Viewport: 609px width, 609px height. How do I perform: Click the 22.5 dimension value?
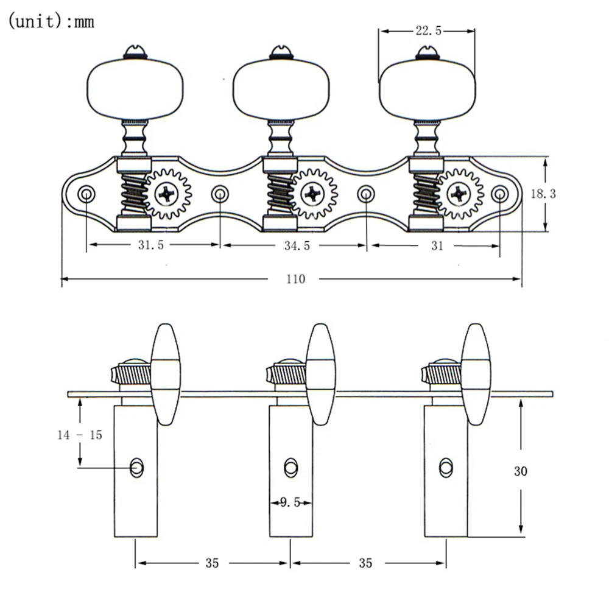coord(428,30)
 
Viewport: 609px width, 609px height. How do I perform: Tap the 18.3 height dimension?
coord(543,194)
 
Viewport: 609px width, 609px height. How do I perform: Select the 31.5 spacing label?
coord(151,245)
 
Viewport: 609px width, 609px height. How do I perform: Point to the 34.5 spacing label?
coord(297,245)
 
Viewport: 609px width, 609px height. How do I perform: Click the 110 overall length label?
coord(295,279)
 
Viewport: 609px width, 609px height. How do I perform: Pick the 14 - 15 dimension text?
coord(80,435)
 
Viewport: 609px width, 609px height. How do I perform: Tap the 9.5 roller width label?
coord(290,502)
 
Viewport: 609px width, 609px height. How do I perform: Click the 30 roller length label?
coord(521,471)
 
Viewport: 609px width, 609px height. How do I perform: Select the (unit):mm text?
coord(51,21)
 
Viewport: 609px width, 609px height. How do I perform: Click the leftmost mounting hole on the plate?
coord(86,194)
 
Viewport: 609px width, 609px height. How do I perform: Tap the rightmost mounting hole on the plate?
coord(500,194)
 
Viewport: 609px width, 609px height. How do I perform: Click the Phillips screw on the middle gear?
coord(312,194)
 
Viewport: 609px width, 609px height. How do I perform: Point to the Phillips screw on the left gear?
coord(167,194)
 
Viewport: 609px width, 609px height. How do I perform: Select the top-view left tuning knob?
coord(135,89)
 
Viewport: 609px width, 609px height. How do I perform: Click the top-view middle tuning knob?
coord(281,89)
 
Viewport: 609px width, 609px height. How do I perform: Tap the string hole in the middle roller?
coord(291,467)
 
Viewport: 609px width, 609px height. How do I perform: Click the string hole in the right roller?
coord(446,467)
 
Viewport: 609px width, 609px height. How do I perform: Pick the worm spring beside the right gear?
coord(426,193)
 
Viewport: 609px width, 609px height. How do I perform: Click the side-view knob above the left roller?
coord(166,374)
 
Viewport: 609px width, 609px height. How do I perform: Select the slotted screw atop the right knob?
coord(427,52)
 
